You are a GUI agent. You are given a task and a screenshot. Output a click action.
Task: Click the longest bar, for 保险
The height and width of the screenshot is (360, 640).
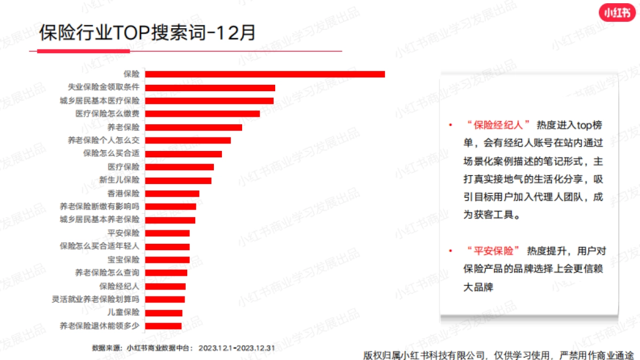coord(265,74)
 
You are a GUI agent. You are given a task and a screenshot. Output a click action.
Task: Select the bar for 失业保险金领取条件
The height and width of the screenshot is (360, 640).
coord(210,87)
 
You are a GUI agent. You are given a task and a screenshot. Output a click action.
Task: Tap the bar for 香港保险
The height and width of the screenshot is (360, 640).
coord(172,194)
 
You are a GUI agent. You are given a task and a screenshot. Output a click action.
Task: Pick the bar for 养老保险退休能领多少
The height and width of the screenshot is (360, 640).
coord(163,326)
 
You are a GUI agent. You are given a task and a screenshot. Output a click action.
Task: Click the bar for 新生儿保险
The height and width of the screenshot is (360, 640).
coord(178,180)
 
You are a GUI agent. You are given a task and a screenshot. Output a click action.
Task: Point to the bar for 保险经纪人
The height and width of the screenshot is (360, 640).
coord(165,286)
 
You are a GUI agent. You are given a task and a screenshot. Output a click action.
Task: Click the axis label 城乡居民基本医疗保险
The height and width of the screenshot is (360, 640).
coord(100,101)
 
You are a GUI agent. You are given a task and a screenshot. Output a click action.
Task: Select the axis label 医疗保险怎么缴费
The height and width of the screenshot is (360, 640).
coord(107,114)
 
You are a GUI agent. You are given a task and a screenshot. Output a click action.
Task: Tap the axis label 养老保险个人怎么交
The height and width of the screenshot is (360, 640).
coord(103,140)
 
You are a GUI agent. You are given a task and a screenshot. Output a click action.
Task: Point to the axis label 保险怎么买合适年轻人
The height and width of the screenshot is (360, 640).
coord(100,246)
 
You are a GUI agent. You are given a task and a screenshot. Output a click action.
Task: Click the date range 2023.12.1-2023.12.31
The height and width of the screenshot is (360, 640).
coord(236,348)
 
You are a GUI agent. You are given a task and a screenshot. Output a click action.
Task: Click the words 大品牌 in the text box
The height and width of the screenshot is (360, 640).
coord(478,287)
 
